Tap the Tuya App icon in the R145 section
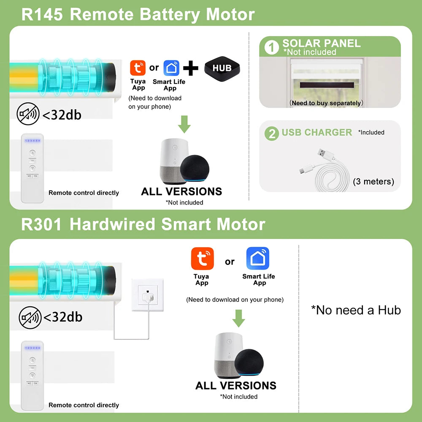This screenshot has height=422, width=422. (x=138, y=68)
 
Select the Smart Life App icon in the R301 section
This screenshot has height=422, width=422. (x=258, y=258)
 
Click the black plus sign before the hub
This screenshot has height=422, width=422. (x=191, y=68)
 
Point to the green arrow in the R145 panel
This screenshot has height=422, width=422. (x=184, y=124)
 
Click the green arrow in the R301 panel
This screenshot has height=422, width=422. (x=238, y=318)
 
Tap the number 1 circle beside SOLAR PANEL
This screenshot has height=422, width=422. (x=271, y=47)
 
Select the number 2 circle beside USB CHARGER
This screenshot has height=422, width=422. (x=272, y=133)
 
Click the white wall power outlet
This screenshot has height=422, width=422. (x=147, y=295)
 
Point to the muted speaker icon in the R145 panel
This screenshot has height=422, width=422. (x=28, y=114)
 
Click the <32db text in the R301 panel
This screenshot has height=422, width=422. (x=63, y=317)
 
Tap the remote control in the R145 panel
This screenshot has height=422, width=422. (x=32, y=168)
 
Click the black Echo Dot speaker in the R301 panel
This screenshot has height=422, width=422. (x=249, y=362)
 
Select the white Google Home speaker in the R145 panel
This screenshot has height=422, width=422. (x=173, y=161)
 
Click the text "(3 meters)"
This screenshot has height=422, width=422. (x=373, y=181)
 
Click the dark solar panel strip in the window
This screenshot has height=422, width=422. (x=327, y=85)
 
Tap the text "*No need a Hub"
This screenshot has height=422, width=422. (x=356, y=310)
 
